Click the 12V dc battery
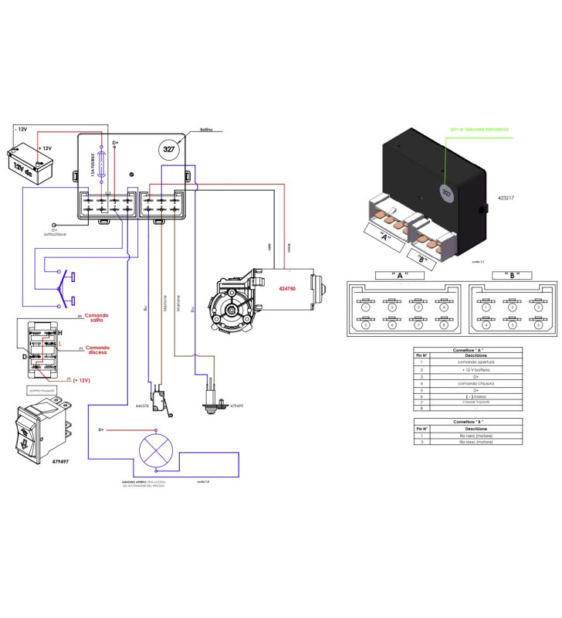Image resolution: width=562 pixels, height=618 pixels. coord(24,161)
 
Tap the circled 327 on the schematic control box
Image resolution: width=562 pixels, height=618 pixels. coord(168,149)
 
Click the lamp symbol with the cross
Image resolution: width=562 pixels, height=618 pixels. coord(154,450)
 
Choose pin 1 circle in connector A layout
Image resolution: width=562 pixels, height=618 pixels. coord(364,307)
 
